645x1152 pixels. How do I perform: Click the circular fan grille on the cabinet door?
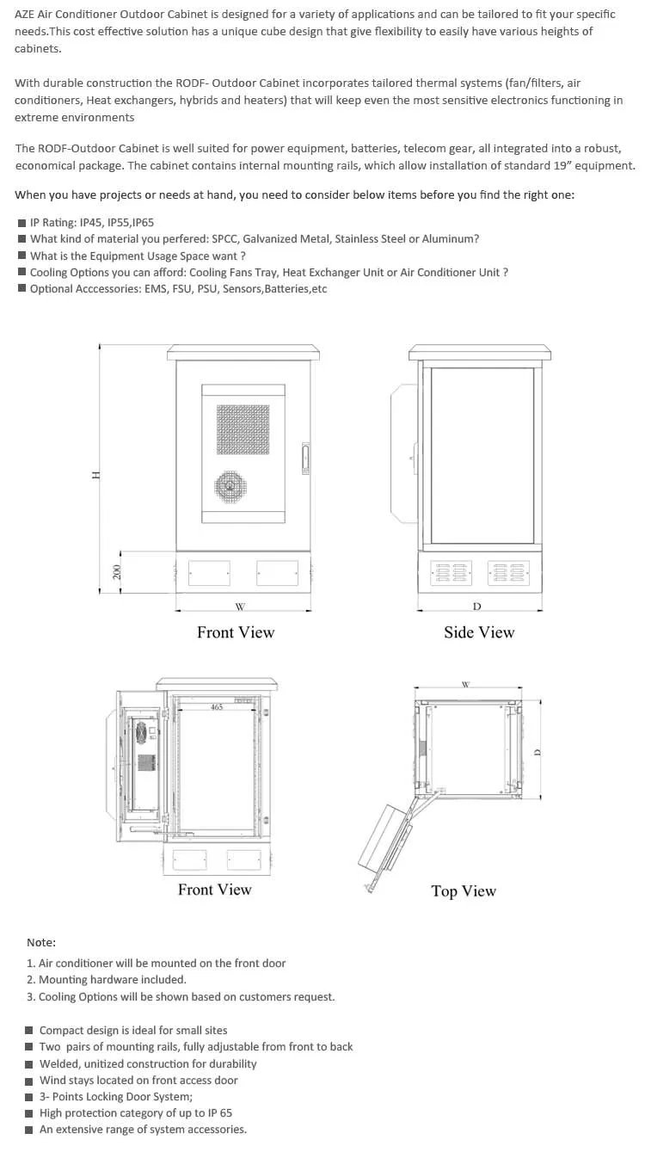[x=230, y=487]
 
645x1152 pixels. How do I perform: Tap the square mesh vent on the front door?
[x=242, y=430]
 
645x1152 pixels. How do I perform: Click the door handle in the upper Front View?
[x=304, y=458]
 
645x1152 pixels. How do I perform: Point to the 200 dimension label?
[x=119, y=570]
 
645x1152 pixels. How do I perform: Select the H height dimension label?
[x=97, y=474]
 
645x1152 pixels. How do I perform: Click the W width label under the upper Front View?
[x=240, y=607]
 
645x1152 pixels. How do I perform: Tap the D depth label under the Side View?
[x=477, y=607]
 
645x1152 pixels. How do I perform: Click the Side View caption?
[x=479, y=632]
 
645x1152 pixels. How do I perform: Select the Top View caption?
[x=464, y=891]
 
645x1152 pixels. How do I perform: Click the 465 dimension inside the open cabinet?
[x=217, y=707]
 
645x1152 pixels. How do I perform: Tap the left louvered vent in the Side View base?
[x=451, y=572]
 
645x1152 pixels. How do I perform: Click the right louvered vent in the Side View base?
[x=508, y=572]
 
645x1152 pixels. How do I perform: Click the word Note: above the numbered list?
[x=41, y=943]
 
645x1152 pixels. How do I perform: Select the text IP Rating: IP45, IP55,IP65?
[x=91, y=222]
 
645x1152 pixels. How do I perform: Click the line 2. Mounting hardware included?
[x=107, y=980]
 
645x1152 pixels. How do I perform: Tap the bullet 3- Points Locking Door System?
[x=116, y=1097]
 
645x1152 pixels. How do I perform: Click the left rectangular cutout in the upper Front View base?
[x=209, y=572]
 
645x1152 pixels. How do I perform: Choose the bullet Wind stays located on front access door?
[x=138, y=1081]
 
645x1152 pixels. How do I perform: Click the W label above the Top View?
[x=465, y=685]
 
